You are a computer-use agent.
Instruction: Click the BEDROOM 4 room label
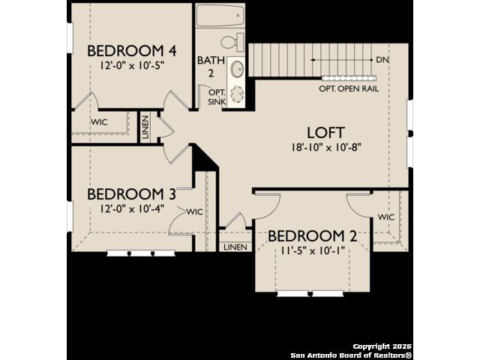132,51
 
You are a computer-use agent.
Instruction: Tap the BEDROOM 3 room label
132,194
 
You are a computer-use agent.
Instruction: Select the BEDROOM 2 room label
313,236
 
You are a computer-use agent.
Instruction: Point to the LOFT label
326,133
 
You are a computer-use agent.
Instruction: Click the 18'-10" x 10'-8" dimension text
326,148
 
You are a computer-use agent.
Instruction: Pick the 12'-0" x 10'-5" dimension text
132,65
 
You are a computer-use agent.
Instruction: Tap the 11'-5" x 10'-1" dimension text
313,250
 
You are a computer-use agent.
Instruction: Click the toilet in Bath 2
232,42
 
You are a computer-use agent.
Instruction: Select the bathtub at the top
220,15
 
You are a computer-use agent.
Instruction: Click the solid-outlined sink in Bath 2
237,70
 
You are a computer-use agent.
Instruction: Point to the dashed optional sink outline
237,94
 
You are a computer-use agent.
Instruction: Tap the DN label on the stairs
382,60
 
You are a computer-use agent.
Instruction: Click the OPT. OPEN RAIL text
349,88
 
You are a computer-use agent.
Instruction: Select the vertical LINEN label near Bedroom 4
145,127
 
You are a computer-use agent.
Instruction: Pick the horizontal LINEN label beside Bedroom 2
235,247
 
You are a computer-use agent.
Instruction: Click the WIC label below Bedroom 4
99,122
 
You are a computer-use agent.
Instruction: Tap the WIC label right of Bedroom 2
386,217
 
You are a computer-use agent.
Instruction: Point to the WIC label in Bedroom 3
195,211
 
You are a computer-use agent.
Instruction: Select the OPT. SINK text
217,97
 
